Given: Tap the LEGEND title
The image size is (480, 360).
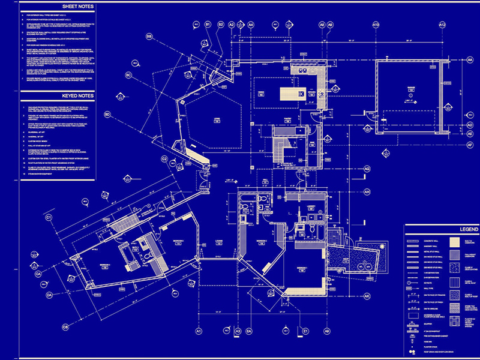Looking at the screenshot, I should coord(440,229).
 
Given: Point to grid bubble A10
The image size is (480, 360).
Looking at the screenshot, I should coord(376,25).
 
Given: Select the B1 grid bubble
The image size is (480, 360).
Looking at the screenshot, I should coord(209,24).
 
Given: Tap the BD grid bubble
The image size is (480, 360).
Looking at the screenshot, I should coord(108,114).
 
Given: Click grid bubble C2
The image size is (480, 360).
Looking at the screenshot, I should coord(164,159).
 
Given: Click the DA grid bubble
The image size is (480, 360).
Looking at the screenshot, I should coord(50,295).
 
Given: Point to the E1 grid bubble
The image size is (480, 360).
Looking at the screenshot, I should coord(305,331).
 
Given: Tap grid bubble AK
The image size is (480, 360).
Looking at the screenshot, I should coord(366,296).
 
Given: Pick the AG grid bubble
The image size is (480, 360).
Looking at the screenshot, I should coord(366,170).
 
